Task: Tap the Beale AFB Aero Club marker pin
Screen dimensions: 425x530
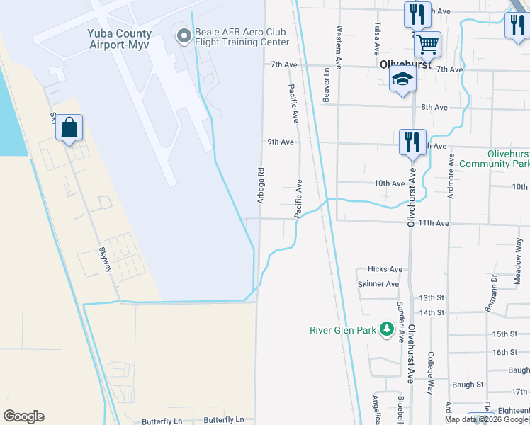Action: [x=184, y=35]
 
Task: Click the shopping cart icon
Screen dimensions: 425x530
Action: [x=427, y=44]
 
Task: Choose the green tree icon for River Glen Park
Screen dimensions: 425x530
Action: [x=386, y=329]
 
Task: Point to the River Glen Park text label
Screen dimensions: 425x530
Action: [x=343, y=330]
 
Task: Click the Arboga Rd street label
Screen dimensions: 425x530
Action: [x=261, y=186]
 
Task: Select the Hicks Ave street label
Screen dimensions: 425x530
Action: [x=385, y=269]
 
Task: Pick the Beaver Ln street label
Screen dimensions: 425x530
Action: [x=327, y=85]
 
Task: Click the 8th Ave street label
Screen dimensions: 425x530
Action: [x=434, y=107]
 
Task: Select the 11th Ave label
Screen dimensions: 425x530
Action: [x=434, y=223]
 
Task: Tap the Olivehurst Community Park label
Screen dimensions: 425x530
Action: [x=494, y=159]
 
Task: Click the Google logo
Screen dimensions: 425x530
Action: [x=23, y=416]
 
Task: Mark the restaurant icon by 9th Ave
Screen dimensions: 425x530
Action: [x=411, y=142]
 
